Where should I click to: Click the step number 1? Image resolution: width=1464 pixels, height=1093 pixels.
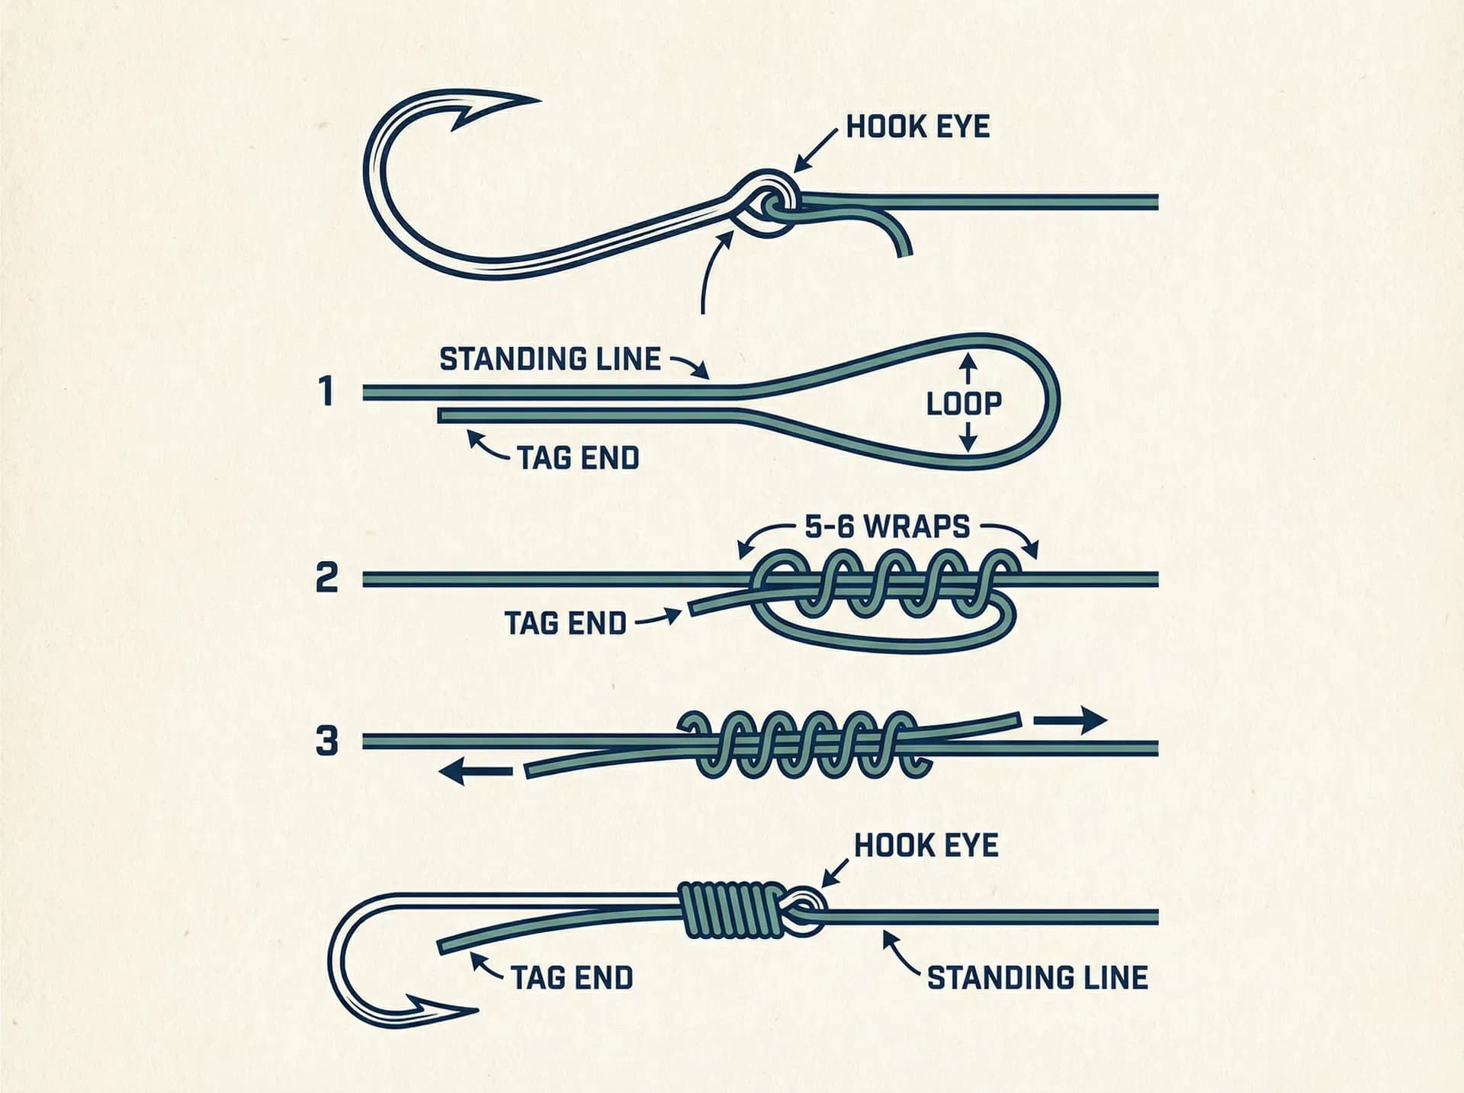tap(327, 392)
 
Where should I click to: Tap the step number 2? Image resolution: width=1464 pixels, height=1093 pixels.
tap(326, 579)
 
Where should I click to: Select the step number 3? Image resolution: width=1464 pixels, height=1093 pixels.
tap(326, 741)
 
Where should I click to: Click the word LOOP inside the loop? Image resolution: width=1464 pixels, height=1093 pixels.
tap(964, 404)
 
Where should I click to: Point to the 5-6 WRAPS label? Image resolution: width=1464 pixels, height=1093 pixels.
tap(888, 527)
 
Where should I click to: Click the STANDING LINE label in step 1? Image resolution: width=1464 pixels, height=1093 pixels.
tap(550, 359)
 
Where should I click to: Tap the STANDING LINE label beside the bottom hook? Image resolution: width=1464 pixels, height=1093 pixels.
tap(1037, 978)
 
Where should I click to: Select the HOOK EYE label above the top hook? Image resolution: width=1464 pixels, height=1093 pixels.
tap(918, 127)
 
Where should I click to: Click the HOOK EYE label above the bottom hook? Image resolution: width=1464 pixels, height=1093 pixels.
tap(926, 846)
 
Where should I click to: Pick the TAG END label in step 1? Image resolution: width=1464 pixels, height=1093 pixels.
tap(578, 458)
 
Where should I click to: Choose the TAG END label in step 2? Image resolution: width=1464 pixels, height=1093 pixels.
tap(565, 623)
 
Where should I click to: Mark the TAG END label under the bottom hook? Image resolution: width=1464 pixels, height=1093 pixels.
tap(572, 978)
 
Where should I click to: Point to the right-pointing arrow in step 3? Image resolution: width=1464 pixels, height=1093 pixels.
tap(1070, 720)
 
